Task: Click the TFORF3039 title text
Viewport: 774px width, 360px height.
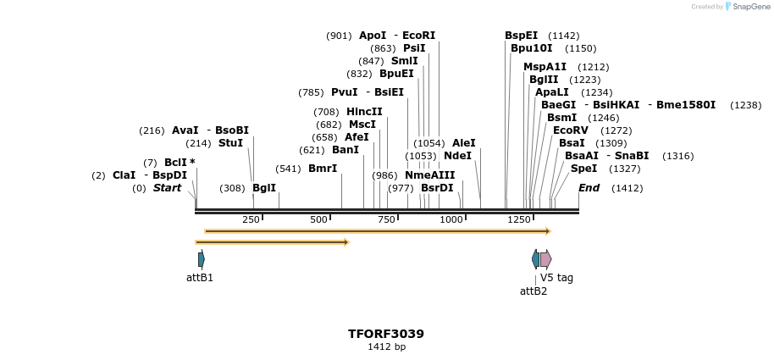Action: pyautogui.click(x=386, y=334)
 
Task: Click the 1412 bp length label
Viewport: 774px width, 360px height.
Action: pyautogui.click(x=386, y=347)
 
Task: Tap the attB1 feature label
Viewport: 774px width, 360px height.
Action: pyautogui.click(x=200, y=278)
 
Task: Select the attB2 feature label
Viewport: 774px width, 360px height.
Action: pyautogui.click(x=534, y=291)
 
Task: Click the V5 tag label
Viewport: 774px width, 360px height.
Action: pyautogui.click(x=556, y=278)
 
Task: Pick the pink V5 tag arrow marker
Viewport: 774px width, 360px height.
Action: pyautogui.click(x=546, y=259)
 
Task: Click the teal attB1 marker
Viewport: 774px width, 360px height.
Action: pyautogui.click(x=201, y=259)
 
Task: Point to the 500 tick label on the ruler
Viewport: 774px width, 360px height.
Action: pyautogui.click(x=318, y=220)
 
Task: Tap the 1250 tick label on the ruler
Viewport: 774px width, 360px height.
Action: pyautogui.click(x=518, y=220)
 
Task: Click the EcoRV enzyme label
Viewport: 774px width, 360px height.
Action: pyautogui.click(x=570, y=130)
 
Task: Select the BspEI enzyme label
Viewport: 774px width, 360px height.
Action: pyautogui.click(x=521, y=36)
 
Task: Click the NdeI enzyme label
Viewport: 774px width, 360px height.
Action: pyautogui.click(x=457, y=156)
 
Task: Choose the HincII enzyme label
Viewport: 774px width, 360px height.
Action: pyautogui.click(x=364, y=112)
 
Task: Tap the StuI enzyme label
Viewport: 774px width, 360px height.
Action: pyautogui.click(x=230, y=143)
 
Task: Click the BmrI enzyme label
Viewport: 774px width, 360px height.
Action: pyautogui.click(x=323, y=169)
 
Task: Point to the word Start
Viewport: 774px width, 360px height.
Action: pyautogui.click(x=167, y=188)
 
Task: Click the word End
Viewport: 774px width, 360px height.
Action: pyautogui.click(x=589, y=188)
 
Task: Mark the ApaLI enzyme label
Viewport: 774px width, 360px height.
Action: pyautogui.click(x=550, y=92)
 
